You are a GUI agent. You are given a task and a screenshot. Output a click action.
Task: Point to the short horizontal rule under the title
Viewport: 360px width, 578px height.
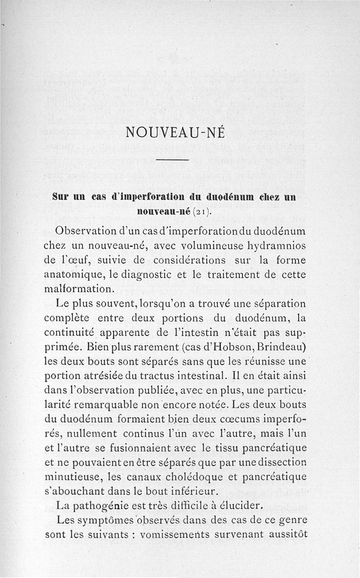tap(172, 160)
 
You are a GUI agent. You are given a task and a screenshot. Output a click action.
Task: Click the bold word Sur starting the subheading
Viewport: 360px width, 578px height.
tap(61, 197)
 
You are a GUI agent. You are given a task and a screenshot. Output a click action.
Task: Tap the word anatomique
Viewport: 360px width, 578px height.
tap(68, 274)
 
